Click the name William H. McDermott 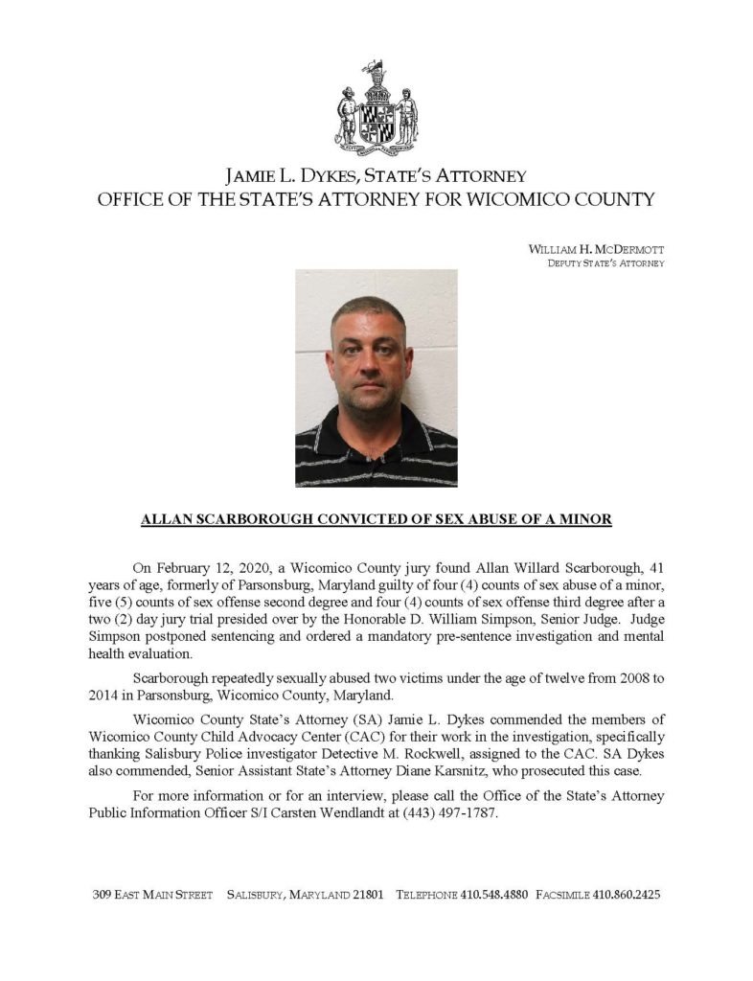tap(596, 249)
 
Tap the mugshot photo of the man tap(376, 377)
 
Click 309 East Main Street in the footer tap(152, 895)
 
